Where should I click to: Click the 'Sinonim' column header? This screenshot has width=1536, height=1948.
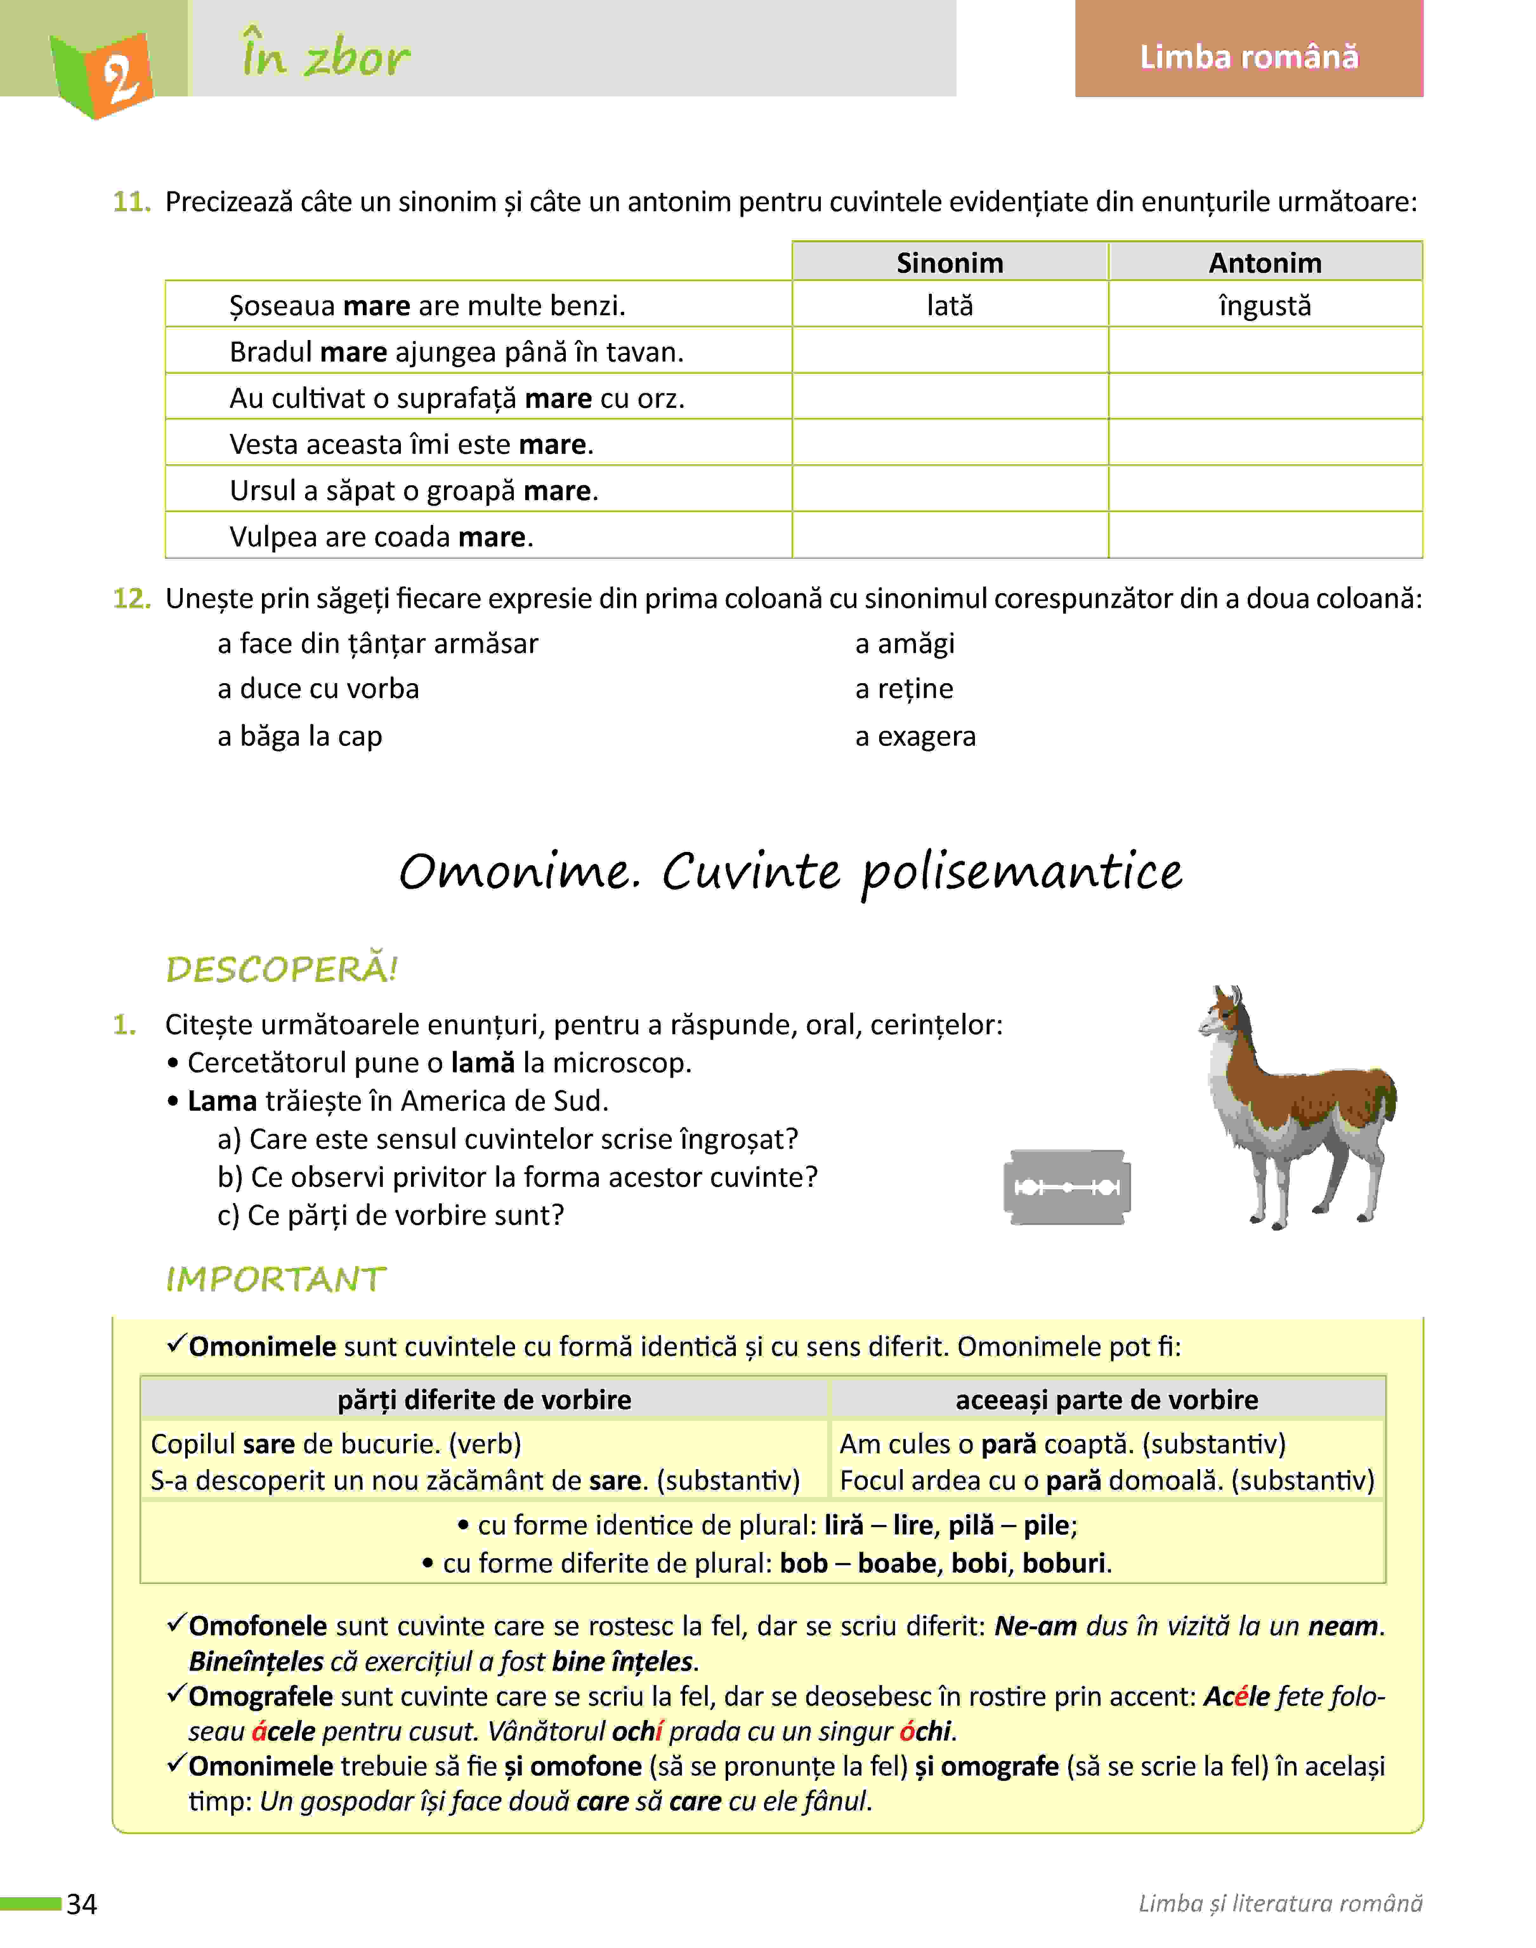[x=950, y=263]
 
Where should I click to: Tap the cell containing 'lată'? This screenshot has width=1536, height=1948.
[x=950, y=306]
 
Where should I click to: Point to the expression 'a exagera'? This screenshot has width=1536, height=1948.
[x=916, y=736]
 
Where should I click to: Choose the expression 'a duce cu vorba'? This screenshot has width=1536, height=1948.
[x=318, y=689]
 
